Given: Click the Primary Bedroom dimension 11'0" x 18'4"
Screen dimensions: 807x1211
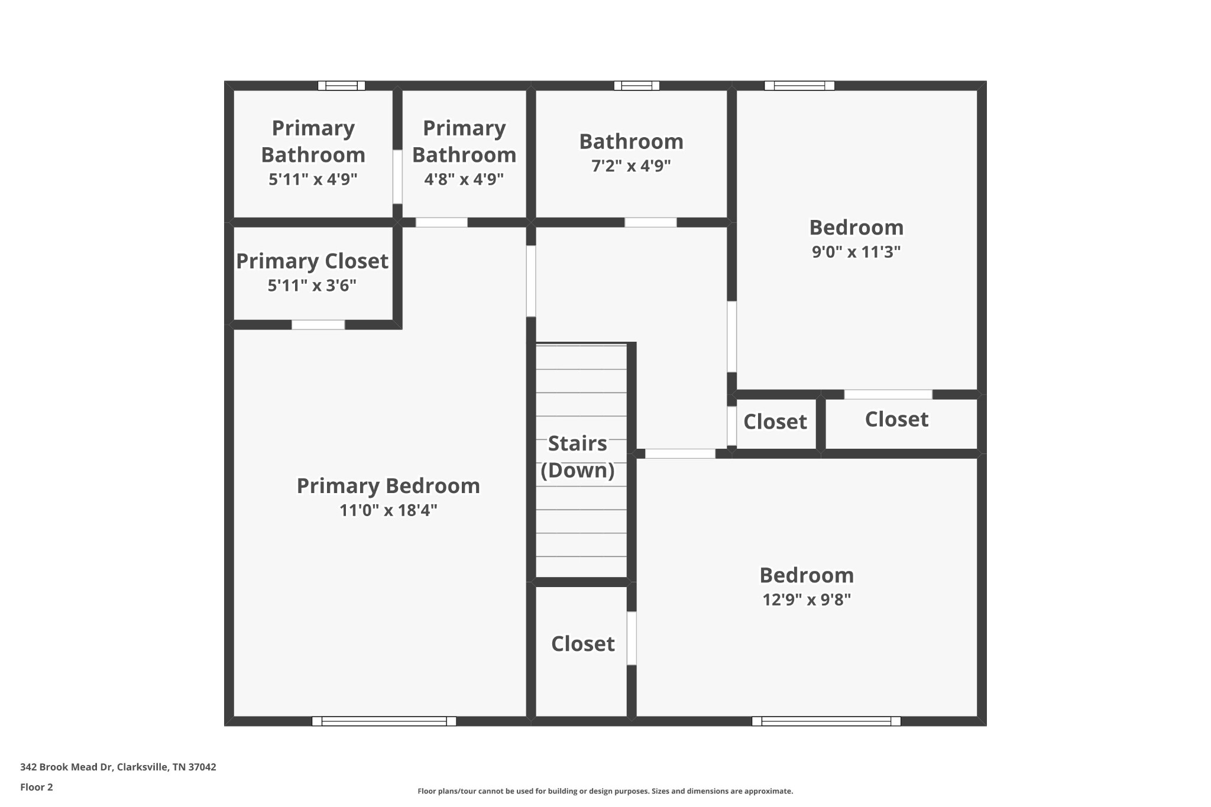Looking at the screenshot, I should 388,510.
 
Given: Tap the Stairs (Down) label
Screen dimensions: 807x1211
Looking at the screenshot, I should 578,456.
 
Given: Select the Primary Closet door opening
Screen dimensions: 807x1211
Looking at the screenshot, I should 318,325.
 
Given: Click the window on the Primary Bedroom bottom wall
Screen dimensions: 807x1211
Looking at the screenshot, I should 384,721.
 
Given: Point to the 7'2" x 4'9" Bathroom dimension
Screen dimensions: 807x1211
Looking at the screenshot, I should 631,166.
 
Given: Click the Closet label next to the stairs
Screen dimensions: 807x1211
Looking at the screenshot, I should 582,644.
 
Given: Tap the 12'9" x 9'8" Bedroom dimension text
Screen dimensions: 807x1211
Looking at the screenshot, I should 806,599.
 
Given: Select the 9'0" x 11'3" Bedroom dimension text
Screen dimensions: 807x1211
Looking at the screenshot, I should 856,252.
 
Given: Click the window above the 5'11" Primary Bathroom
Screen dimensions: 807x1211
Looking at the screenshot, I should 341,86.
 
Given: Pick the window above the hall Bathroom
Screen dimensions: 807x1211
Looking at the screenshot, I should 636,86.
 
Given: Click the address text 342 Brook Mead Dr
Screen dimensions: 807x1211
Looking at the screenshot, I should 118,767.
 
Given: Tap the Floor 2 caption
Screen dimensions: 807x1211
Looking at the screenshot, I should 37,787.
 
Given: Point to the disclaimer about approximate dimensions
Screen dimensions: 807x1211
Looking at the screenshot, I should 605,791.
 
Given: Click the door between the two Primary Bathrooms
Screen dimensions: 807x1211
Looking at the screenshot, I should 397,177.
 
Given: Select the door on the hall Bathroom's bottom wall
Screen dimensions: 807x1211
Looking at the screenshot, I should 650,222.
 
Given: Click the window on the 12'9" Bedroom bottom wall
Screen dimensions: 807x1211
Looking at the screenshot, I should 825,721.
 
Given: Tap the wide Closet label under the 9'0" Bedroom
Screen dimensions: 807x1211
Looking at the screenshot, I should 896,419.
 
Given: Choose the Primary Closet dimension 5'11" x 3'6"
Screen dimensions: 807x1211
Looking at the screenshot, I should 312,286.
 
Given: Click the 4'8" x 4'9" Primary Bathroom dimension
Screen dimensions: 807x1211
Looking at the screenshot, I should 464,179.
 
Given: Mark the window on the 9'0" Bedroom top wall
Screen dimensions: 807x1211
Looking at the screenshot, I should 799,86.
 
